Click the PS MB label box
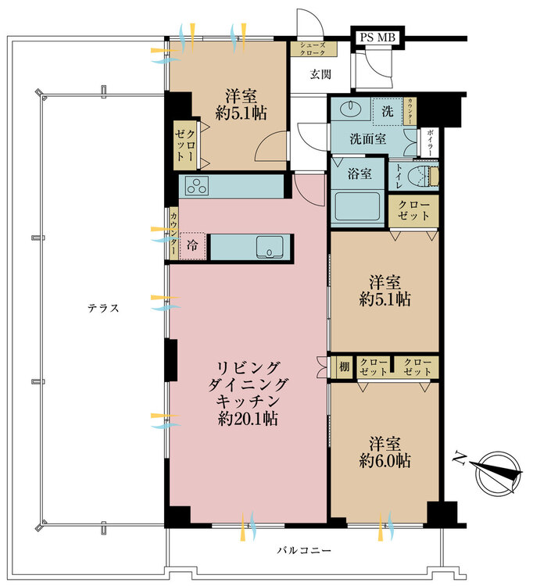377,38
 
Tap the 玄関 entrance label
320,74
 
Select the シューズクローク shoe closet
314,49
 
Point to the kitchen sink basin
270,247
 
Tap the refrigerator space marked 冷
192,245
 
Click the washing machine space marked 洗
388,111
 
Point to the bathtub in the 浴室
357,206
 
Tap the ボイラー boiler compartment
430,142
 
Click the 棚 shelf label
344,366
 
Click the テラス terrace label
103,308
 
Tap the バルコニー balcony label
304,550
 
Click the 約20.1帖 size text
248,419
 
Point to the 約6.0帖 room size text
385,461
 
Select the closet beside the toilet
413,211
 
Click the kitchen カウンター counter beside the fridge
173,233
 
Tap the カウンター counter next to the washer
410,111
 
